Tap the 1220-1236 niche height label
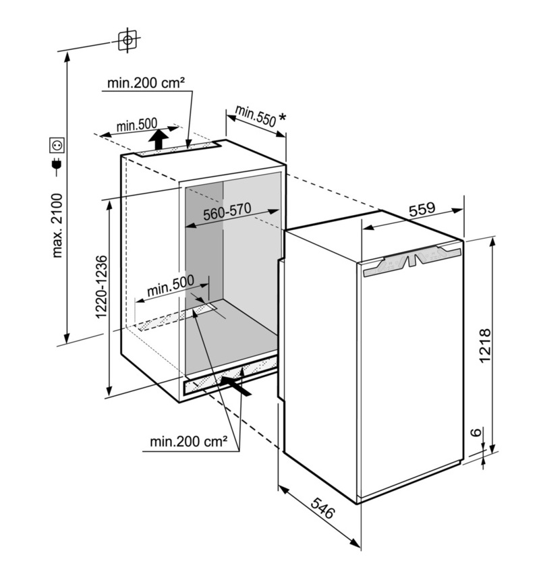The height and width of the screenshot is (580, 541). pyautogui.click(x=101, y=287)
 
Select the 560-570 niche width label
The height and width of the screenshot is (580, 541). pyautogui.click(x=227, y=211)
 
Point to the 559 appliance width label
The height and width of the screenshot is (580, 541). pyautogui.click(x=422, y=208)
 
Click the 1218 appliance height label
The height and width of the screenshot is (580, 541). pyautogui.click(x=484, y=346)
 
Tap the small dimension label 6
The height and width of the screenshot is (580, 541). pyautogui.click(x=478, y=432)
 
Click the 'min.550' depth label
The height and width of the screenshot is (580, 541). pyautogui.click(x=256, y=115)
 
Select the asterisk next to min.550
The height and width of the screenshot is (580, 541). pyautogui.click(x=282, y=117)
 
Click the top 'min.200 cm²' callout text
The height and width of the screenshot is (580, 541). pyautogui.click(x=146, y=83)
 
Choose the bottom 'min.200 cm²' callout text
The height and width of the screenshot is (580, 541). pyautogui.click(x=188, y=441)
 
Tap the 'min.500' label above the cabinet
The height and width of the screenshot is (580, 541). pyautogui.click(x=136, y=125)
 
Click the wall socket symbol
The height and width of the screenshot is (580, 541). pyautogui.click(x=57, y=145)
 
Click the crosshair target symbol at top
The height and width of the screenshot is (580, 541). pyautogui.click(x=127, y=40)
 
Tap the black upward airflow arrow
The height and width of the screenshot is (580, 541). pyautogui.click(x=159, y=139)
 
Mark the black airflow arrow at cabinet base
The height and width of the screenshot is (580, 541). pyautogui.click(x=235, y=386)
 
